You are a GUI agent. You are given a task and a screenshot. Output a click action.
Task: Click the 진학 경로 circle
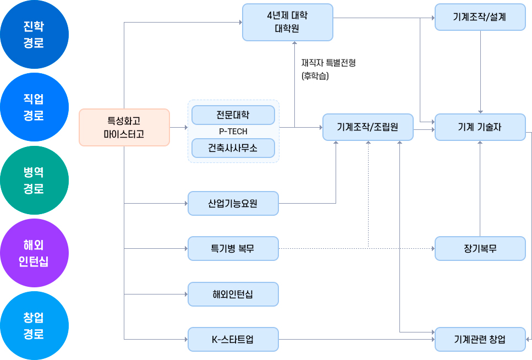pos(34,35)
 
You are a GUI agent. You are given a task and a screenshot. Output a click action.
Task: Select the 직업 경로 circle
pos(34,107)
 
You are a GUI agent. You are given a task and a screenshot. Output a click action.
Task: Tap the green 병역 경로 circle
pos(34,181)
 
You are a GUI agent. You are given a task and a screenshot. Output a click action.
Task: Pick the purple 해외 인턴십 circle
pos(34,253)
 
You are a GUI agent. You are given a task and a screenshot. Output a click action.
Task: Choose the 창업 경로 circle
pos(34,326)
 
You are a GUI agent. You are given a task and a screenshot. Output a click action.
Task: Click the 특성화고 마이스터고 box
pos(124,127)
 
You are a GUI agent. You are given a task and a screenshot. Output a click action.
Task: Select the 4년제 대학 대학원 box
pos(287,22)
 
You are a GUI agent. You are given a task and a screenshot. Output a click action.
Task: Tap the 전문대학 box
pos(233,115)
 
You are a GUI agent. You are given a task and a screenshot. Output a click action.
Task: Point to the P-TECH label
pos(233,132)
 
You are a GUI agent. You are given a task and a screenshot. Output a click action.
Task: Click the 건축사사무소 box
pos(233,148)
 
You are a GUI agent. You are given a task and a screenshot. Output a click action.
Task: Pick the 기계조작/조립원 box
pos(368,127)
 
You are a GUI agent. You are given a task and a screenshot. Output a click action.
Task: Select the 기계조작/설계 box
pos(480,17)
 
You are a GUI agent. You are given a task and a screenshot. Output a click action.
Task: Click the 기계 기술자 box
pos(480,127)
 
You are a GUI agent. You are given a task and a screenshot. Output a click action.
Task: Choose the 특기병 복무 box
pos(233,249)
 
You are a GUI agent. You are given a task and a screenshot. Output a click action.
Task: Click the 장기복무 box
pos(480,249)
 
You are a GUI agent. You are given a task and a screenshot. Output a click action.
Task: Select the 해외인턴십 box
pos(233,294)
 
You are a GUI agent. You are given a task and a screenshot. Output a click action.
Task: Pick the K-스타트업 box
pos(233,339)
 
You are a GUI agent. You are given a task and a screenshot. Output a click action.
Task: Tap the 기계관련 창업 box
pos(480,339)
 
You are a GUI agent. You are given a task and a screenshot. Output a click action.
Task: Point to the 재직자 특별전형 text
pos(328,63)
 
